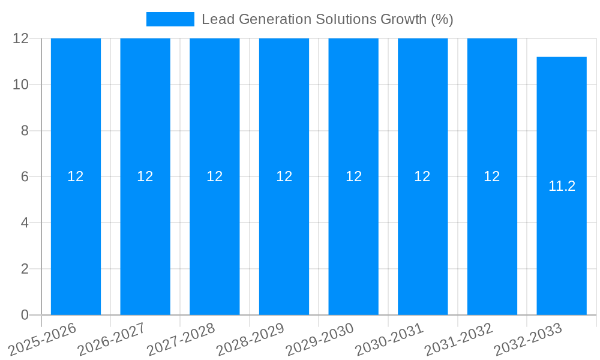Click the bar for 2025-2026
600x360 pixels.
[76, 240]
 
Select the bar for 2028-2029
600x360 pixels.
[284, 240]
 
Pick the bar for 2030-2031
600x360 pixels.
[422, 240]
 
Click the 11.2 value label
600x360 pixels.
[562, 186]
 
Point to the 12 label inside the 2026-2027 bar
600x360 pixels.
[145, 176]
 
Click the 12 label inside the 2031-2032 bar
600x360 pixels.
[492, 176]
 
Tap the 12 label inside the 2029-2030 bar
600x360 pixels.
[353, 176]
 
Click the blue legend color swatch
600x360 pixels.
[170, 19]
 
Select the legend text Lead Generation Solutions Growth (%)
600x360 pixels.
[327, 19]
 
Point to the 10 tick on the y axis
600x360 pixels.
[21, 85]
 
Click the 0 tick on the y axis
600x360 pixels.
[25, 315]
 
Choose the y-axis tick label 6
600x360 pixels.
[25, 177]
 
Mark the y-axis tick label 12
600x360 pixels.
[21, 38]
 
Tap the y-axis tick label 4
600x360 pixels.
[25, 223]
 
